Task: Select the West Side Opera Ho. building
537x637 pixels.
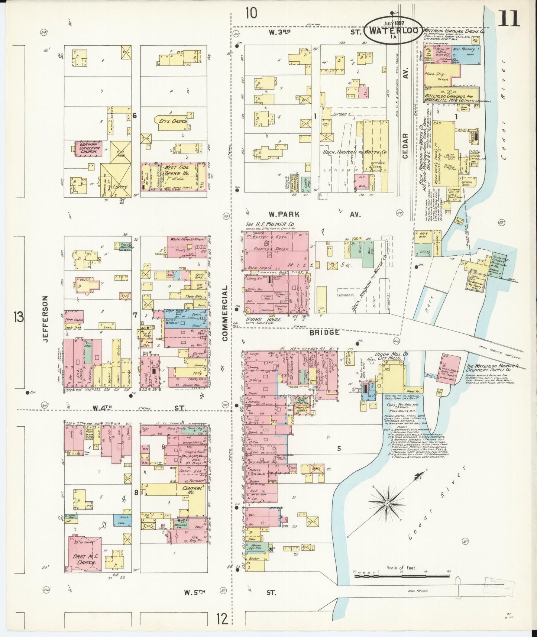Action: click(x=174, y=177)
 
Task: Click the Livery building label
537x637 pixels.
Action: click(x=120, y=187)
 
